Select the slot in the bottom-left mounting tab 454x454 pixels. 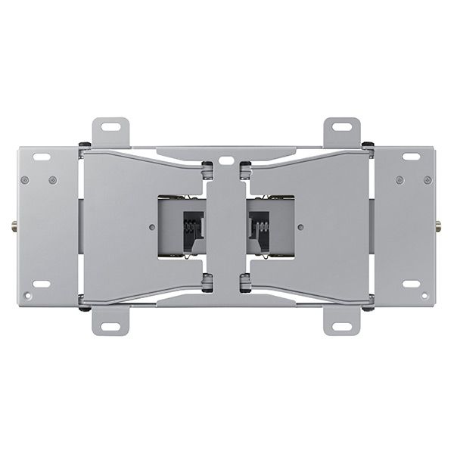[x=110, y=327]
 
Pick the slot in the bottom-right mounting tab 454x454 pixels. [x=343, y=327]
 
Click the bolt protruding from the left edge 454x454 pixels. [x=14, y=225]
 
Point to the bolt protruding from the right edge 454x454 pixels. [x=440, y=225]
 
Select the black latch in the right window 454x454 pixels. [x=261, y=225]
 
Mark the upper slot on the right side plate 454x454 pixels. [x=412, y=157]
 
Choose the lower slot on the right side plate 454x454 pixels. [x=412, y=284]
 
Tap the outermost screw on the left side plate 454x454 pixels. [x=25, y=180]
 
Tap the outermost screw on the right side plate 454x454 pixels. [x=429, y=180]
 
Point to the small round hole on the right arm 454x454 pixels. [x=301, y=225]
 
